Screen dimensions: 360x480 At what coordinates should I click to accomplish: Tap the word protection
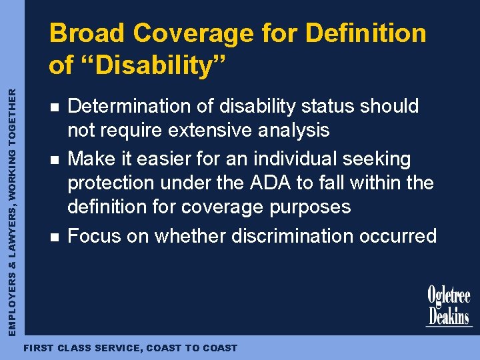pos(115,183)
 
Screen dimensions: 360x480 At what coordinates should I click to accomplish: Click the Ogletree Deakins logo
pos(449,307)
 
